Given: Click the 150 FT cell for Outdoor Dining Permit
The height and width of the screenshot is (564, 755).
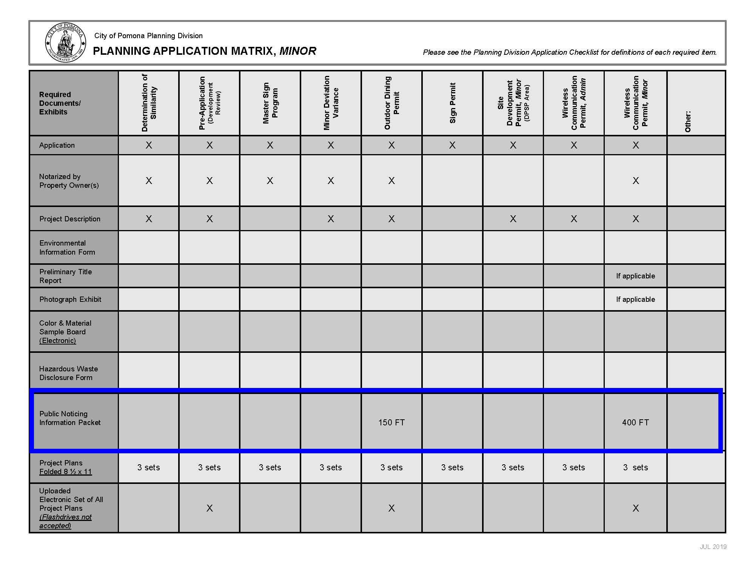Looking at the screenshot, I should click(391, 422).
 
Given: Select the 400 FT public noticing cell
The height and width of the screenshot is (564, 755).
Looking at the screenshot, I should click(635, 422).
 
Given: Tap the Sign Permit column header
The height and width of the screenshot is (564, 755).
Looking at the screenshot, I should click(453, 103).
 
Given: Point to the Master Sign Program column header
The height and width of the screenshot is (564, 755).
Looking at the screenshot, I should click(270, 103).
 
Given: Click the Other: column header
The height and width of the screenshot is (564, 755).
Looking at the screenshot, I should click(688, 121).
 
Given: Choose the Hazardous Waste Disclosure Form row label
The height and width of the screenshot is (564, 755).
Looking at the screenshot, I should click(68, 373).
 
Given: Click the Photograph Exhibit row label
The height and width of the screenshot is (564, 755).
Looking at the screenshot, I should click(70, 299).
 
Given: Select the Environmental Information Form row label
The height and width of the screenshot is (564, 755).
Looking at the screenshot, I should click(67, 247).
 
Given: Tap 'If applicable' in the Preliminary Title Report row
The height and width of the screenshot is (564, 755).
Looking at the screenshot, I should click(635, 276).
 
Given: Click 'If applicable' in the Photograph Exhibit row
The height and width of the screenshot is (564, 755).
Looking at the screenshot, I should click(635, 299).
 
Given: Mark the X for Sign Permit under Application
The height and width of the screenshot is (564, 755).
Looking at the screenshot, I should click(452, 145).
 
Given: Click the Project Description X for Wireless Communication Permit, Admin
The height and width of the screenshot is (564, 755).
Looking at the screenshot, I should click(574, 219).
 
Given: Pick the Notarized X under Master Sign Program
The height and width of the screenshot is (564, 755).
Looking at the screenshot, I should click(270, 181).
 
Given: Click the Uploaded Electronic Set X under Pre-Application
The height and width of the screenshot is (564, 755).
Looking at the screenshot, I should click(210, 508).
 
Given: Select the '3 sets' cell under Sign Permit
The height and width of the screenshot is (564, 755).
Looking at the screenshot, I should click(452, 467).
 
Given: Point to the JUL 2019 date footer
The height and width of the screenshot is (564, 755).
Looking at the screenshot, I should click(713, 547).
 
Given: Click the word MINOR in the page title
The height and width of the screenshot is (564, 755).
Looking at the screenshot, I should click(298, 51).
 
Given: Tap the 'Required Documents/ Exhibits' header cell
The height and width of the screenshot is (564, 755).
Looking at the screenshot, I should click(60, 103).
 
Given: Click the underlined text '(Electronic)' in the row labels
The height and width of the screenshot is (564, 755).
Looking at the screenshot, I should click(57, 340).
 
